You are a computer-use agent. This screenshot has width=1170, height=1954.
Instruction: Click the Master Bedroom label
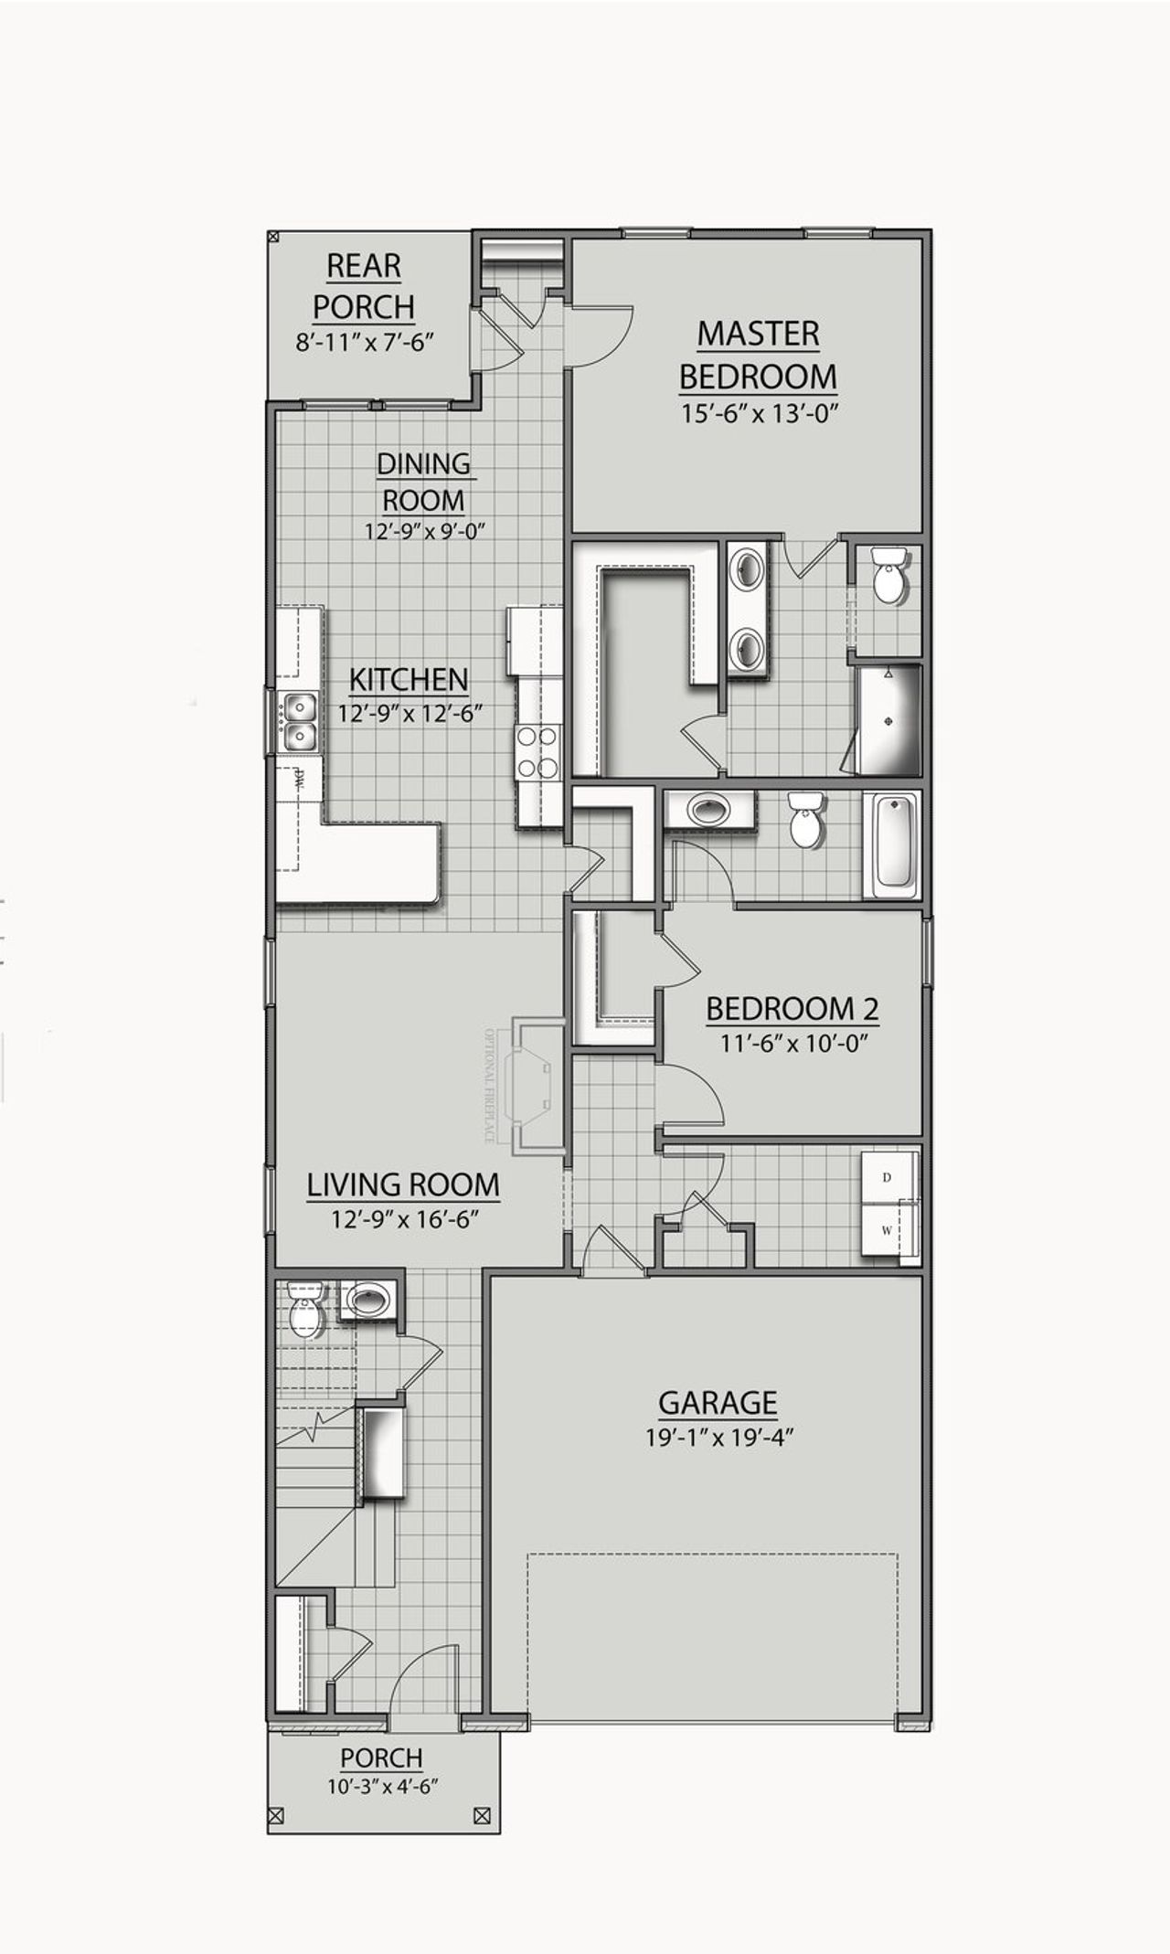[x=758, y=355]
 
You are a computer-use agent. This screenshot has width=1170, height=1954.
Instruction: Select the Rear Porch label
[x=364, y=286]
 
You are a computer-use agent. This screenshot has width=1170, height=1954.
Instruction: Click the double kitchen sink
[x=299, y=721]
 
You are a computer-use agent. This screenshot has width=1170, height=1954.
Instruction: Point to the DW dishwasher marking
[x=299, y=780]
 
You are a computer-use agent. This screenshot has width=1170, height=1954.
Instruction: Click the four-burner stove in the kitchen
[x=537, y=750]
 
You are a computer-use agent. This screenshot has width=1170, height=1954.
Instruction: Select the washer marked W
[x=888, y=1230]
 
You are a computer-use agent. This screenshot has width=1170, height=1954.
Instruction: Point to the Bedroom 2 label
[x=792, y=1009]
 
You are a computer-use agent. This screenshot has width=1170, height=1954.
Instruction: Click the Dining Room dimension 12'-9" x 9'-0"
[x=423, y=531]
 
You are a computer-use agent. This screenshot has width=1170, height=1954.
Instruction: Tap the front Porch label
[x=381, y=1758]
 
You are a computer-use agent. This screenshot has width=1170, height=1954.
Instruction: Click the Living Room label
[x=403, y=1184]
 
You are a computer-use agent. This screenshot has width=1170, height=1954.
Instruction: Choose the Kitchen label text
[x=409, y=679]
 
